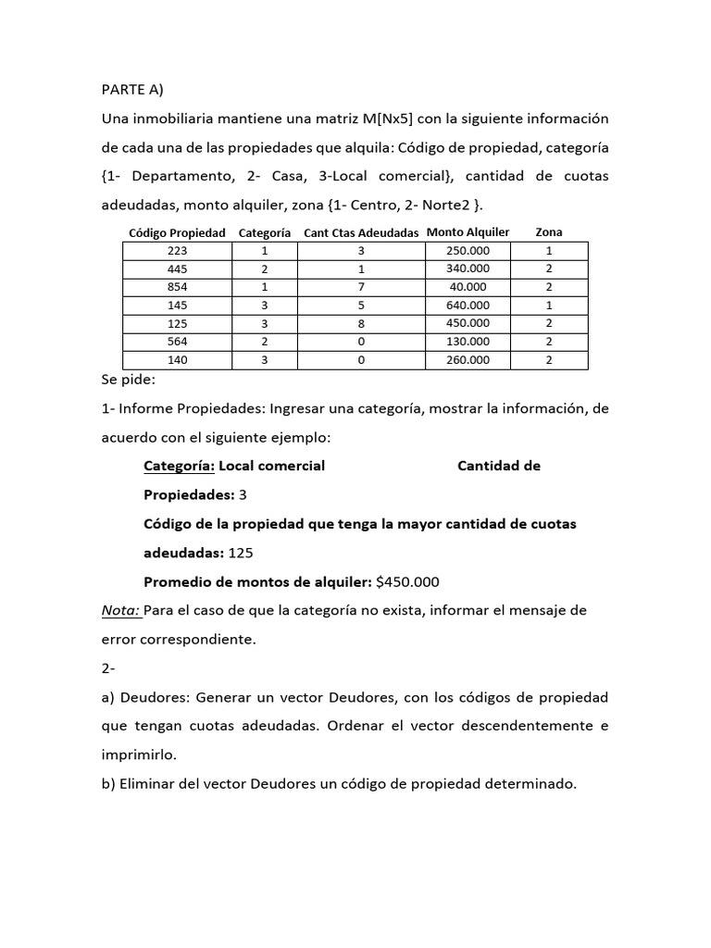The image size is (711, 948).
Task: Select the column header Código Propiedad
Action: [x=177, y=233]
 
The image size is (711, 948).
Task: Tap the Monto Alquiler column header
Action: [x=468, y=232]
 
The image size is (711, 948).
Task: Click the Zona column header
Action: [x=548, y=232]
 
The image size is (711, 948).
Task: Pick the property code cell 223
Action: [x=177, y=251]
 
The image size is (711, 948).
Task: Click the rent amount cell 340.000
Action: [x=468, y=268]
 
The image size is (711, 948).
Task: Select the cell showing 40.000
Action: [x=468, y=287]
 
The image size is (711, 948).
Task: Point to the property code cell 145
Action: [x=177, y=305]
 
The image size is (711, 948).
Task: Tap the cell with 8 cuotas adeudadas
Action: [x=361, y=323]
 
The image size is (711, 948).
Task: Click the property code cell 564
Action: [x=177, y=342]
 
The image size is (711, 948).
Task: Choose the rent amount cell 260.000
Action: [x=468, y=360]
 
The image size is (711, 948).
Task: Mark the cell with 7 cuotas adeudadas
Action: [x=361, y=287]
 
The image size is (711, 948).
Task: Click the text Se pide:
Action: [x=130, y=380]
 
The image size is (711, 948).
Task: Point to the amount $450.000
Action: [x=407, y=582]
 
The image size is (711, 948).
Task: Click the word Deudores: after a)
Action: [x=153, y=697]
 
